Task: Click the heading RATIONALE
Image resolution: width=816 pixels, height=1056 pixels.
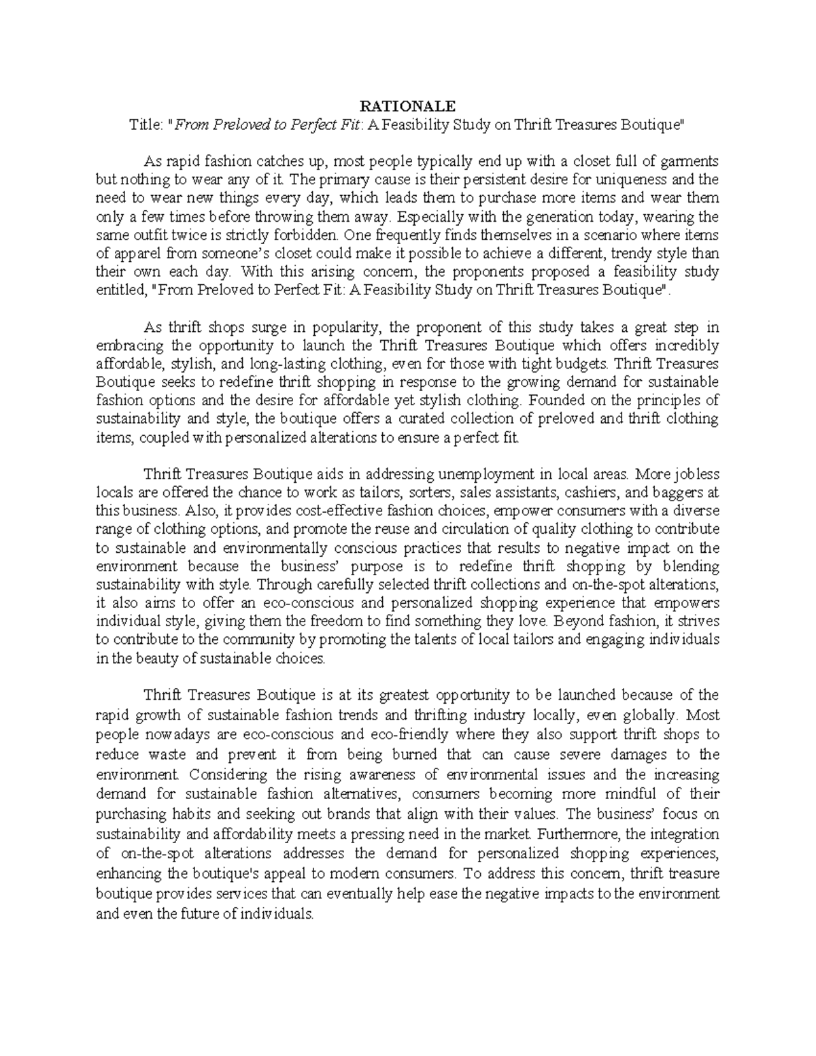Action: [407, 106]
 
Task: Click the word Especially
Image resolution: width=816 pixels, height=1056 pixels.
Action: [428, 217]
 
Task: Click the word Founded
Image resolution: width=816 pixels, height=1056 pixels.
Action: [553, 400]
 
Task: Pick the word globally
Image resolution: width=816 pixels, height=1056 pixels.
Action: [651, 715]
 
